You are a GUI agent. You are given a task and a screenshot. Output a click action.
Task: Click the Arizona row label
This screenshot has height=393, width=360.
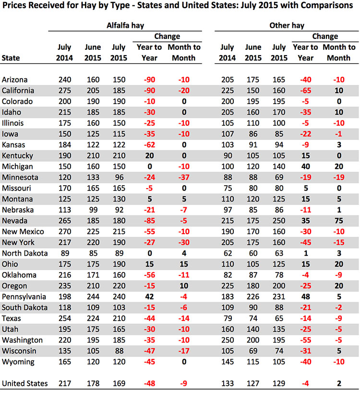(14, 80)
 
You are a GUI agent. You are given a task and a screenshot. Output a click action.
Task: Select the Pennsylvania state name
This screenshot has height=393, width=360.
(24, 297)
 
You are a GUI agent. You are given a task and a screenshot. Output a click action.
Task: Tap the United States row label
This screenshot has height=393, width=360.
(24, 383)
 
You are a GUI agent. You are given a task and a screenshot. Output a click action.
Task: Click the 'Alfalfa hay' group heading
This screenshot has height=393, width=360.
(125, 25)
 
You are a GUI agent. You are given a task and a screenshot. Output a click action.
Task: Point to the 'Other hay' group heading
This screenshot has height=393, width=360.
(287, 25)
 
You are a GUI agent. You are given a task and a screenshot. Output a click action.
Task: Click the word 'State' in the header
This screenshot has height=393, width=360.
(11, 58)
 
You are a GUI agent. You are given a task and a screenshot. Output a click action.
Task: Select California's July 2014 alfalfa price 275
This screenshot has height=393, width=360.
(65, 91)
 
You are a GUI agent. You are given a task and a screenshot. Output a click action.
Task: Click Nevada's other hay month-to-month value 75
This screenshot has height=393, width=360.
(339, 221)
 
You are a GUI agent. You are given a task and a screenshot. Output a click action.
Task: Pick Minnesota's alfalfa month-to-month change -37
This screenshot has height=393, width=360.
(184, 178)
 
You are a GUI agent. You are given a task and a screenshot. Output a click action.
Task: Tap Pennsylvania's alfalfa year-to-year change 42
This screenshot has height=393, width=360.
(149, 297)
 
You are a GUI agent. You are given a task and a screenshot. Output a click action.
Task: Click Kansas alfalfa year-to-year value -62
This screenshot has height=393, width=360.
(149, 145)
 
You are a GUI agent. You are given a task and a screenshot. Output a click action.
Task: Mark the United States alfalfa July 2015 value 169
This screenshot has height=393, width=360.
(119, 383)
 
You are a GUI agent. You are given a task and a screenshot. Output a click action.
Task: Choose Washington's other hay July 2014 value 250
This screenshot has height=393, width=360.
(228, 340)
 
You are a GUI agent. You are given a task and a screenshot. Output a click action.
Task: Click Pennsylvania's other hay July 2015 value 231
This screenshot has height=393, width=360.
(279, 297)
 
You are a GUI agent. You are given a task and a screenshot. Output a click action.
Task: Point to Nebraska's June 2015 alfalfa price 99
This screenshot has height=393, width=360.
(93, 210)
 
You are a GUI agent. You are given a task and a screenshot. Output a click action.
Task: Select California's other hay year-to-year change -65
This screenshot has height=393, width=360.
(306, 91)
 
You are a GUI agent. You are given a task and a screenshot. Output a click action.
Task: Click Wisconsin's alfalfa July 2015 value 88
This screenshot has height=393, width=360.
(119, 351)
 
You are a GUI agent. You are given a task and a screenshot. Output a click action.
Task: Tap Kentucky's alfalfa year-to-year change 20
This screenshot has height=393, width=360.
(149, 155)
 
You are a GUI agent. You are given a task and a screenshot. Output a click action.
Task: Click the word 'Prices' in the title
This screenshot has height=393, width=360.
(14, 5)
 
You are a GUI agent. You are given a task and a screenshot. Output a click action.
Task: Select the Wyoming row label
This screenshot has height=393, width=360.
(18, 362)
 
